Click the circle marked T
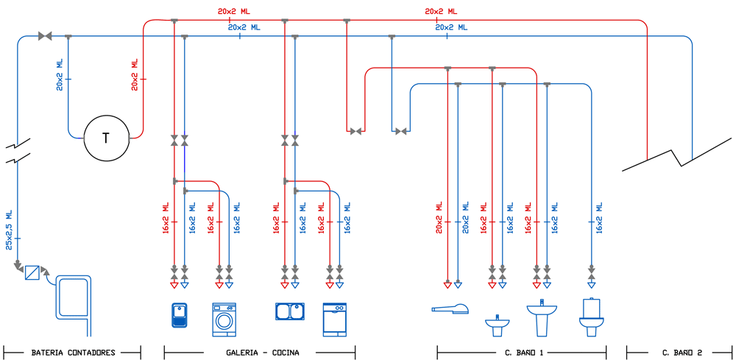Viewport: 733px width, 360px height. [105, 138]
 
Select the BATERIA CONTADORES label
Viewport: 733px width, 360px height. [73, 353]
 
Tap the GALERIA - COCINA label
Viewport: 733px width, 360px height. [263, 353]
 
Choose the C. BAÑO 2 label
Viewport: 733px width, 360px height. [682, 353]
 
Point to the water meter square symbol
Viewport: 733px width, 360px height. [32, 272]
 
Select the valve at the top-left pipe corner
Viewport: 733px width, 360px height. [45, 35]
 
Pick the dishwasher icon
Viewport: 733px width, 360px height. [335, 319]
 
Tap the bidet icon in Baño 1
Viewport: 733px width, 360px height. [497, 323]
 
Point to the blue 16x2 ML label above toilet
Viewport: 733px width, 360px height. [601, 219]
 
